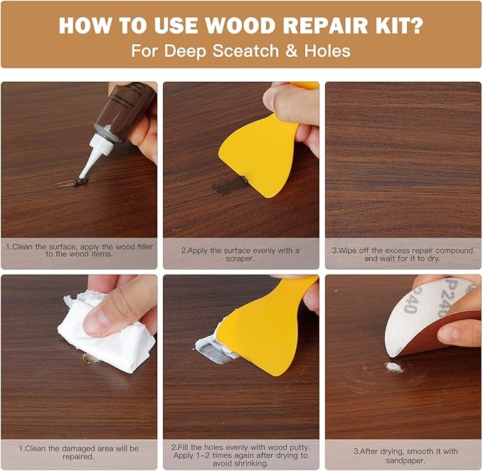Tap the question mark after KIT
(417, 25)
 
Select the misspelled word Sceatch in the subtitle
(245, 51)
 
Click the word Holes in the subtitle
(327, 51)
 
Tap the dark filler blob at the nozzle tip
(80, 181)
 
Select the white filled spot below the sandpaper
(393, 367)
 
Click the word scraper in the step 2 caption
(240, 259)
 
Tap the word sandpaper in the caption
(405, 460)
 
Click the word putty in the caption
(297, 447)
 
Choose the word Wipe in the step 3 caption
(347, 250)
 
